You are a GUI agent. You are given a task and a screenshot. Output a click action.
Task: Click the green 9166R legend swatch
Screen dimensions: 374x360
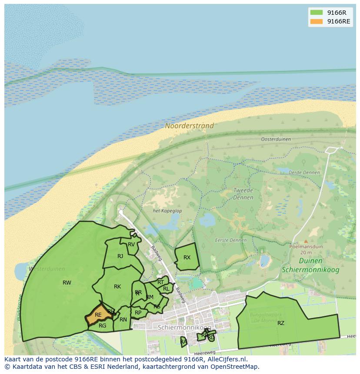[x=316, y=12]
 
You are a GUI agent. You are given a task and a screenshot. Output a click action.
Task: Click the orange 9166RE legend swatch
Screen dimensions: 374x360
[x=316, y=21]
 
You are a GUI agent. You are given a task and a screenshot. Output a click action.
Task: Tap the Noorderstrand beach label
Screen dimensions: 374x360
[x=189, y=126]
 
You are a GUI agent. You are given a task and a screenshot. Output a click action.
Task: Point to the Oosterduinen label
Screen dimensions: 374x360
[x=276, y=139]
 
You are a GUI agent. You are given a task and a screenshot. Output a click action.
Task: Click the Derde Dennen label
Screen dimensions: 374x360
[x=304, y=172]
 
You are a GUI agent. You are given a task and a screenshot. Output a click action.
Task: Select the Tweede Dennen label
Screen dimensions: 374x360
[x=243, y=194]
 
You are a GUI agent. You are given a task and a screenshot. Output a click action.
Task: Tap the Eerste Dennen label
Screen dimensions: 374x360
[x=230, y=240]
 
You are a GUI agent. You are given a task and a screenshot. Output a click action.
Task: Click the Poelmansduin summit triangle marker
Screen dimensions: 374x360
[x=306, y=241]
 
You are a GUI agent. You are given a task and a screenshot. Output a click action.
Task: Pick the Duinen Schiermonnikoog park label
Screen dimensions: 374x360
[x=310, y=265]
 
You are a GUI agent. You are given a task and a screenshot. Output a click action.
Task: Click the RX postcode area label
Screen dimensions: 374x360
[x=187, y=258]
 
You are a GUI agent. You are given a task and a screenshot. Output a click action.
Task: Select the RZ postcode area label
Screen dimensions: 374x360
[x=281, y=323]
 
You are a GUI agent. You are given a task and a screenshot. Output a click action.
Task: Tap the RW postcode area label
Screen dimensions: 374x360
[x=67, y=283]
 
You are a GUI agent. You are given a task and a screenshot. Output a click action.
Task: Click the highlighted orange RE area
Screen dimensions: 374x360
[x=98, y=315]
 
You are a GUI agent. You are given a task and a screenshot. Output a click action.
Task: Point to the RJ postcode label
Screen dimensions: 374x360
[x=120, y=256]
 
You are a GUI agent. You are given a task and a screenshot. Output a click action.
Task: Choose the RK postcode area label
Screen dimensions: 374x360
[x=117, y=287]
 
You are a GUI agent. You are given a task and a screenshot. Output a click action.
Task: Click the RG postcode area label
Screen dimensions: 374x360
[x=102, y=326]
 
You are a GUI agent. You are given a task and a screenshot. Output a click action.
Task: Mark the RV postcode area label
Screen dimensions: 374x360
[x=131, y=245]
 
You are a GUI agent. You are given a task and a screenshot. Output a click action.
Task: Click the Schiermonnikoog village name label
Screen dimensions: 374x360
[x=184, y=327]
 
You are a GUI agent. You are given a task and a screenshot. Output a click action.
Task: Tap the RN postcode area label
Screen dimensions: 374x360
[x=123, y=320]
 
